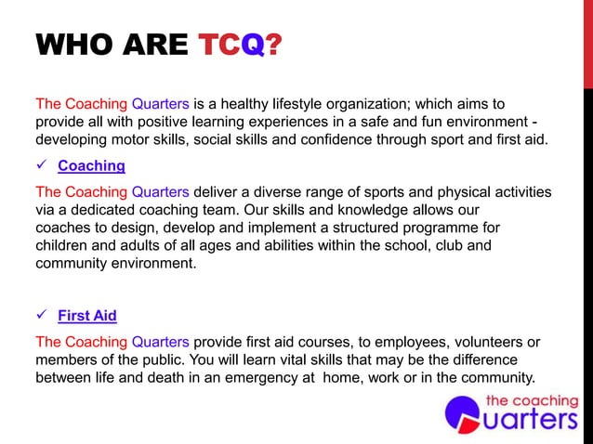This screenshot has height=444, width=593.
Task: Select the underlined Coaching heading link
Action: [x=91, y=166]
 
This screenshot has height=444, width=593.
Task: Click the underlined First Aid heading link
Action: [x=86, y=315]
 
